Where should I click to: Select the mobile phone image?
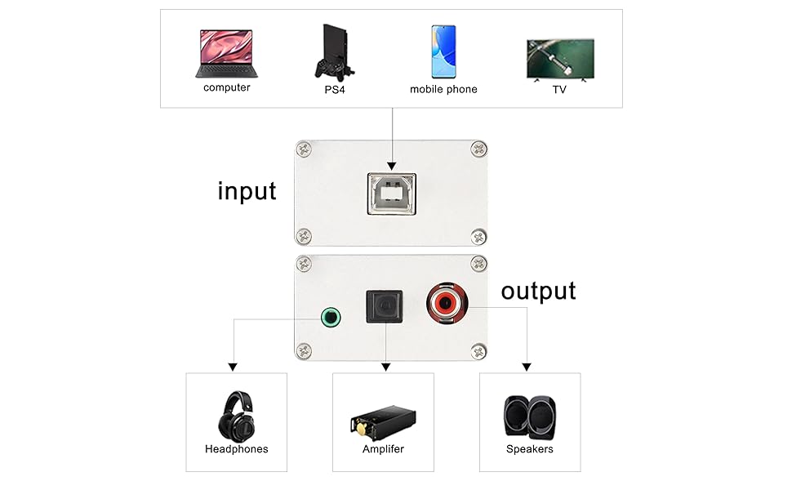click(443, 51)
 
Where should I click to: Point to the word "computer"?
click(227, 87)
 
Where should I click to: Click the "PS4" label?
click(335, 89)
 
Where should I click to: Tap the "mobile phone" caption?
click(443, 89)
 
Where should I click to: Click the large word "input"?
click(247, 191)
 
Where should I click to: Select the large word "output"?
click(538, 291)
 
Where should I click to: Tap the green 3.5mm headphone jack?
click(331, 317)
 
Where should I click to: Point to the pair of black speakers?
click(529, 417)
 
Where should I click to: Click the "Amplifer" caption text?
click(383, 449)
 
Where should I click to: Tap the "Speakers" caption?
click(529, 449)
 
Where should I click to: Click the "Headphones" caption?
click(236, 449)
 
